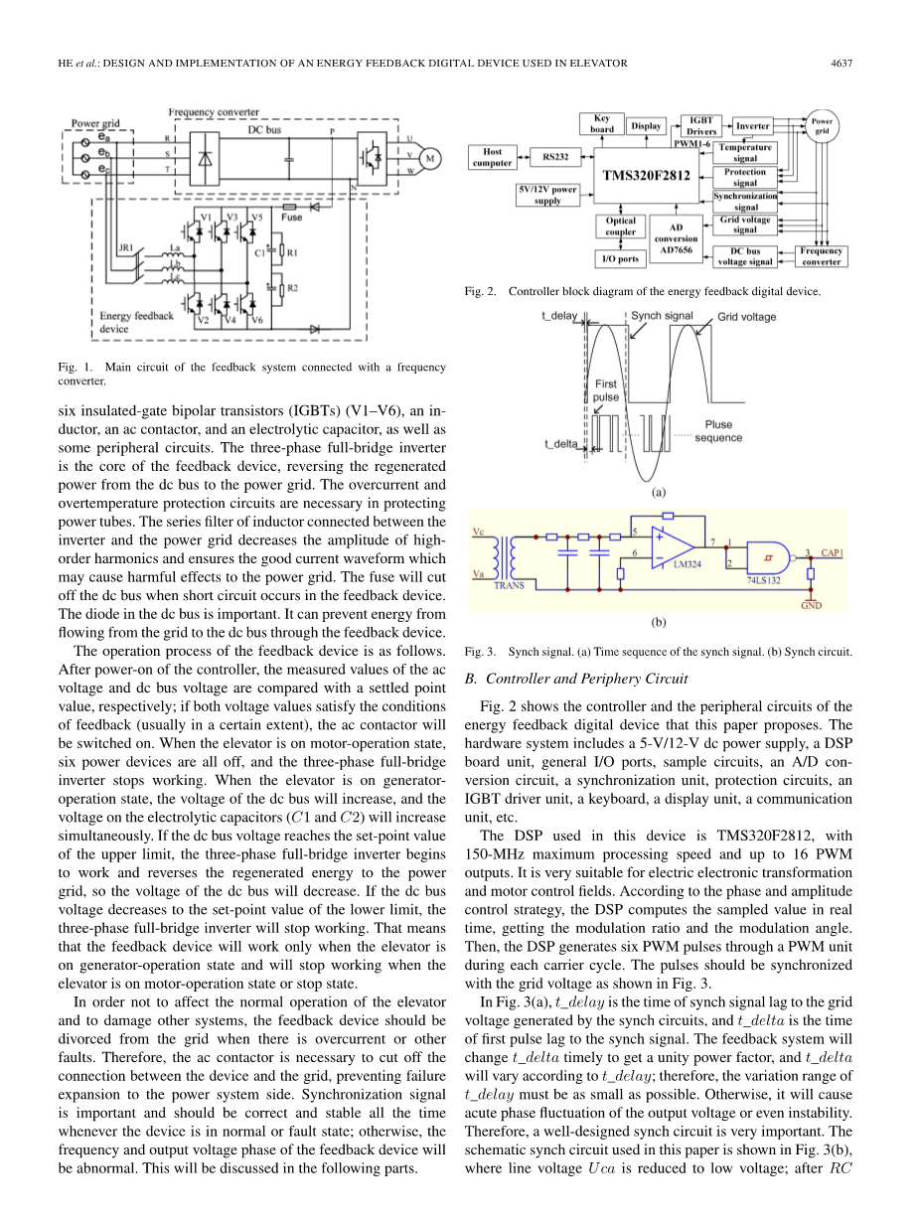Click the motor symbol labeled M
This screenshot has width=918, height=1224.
pos(429,157)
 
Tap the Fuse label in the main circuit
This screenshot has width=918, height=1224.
pos(291,216)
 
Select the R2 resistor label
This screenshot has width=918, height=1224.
pos(292,288)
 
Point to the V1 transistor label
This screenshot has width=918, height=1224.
pos(207,216)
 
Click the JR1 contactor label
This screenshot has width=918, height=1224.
pos(126,247)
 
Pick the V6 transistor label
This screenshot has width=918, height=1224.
pos(256,321)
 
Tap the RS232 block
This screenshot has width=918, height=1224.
pos(555,157)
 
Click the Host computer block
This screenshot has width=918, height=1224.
pos(493,157)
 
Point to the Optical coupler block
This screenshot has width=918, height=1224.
pos(621,228)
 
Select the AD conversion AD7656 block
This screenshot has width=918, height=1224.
pos(678,238)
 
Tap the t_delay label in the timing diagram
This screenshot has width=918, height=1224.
pos(558,315)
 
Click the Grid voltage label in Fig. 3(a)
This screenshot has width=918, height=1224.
pos(746,317)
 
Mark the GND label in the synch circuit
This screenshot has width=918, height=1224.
pos(811,605)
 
